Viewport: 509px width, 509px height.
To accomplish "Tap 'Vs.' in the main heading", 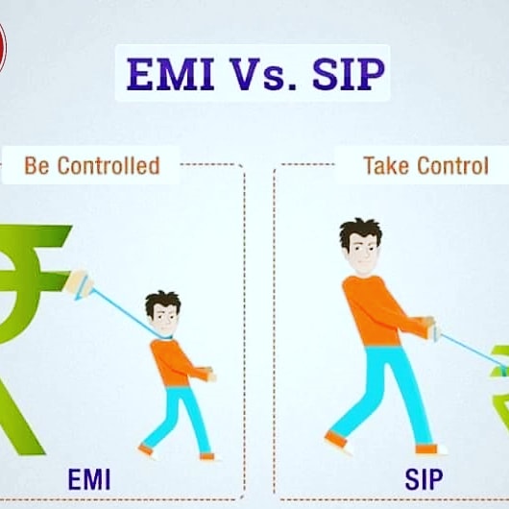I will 256,74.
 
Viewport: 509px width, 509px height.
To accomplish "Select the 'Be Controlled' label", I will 91,165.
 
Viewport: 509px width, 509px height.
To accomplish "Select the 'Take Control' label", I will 425,165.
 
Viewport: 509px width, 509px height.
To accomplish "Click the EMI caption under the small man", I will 91,478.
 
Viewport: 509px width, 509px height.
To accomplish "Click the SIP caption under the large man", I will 424,478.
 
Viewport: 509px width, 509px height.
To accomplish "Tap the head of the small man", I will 162,310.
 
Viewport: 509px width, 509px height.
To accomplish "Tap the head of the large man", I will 359,246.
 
